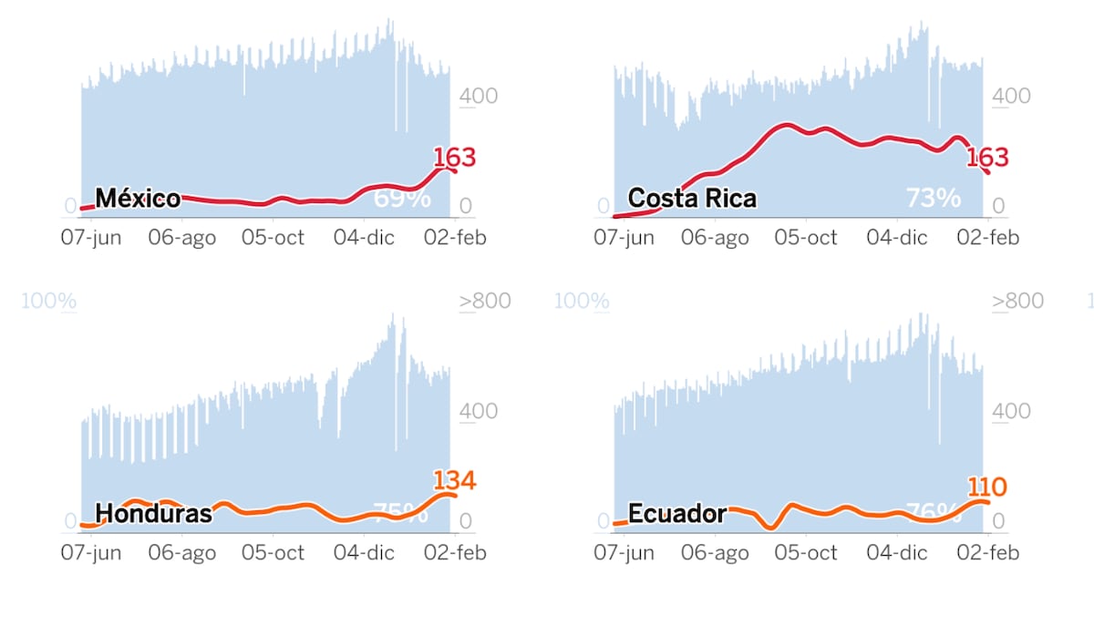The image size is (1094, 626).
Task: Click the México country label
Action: coord(138,198)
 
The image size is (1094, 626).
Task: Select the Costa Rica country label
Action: coord(692,198)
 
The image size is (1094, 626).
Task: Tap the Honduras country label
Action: coord(153,513)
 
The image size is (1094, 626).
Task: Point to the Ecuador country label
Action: coord(677,513)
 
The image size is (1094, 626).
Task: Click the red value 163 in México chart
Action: coord(454,158)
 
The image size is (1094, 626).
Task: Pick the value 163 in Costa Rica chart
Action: coord(987,158)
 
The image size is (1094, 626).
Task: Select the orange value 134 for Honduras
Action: coord(454,480)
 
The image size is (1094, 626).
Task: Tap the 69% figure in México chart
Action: coord(402,198)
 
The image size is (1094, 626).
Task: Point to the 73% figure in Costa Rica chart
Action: coord(933,198)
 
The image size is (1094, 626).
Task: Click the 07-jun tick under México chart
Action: coord(90,238)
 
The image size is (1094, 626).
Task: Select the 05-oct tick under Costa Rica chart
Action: coord(805,238)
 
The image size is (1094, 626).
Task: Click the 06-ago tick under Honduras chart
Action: coord(181,552)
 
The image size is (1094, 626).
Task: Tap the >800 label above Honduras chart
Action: coord(485,302)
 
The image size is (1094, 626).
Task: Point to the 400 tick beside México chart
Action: coord(478,96)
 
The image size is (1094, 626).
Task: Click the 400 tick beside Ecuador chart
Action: coord(1011,411)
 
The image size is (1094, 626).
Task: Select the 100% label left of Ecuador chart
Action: coord(582,302)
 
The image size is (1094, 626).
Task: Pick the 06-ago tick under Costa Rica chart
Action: coord(715,238)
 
